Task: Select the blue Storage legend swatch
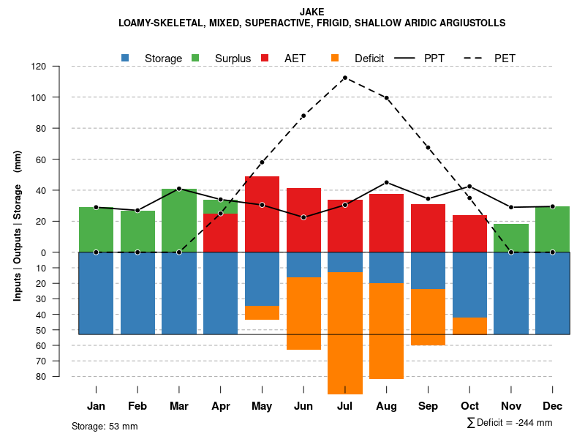(x=126, y=58)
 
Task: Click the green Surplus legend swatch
(x=195, y=58)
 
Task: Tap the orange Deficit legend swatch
(x=335, y=58)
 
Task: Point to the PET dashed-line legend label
(x=505, y=58)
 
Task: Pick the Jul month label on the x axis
(x=344, y=406)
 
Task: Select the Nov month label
(x=511, y=406)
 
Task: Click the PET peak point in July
(x=345, y=78)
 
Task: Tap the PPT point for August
(x=387, y=182)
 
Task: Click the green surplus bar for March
(x=179, y=220)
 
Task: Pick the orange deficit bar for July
(x=345, y=333)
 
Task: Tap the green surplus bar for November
(x=511, y=238)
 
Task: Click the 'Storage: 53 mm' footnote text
(x=105, y=426)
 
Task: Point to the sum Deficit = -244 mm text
(x=509, y=422)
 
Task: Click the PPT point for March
(x=179, y=189)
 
